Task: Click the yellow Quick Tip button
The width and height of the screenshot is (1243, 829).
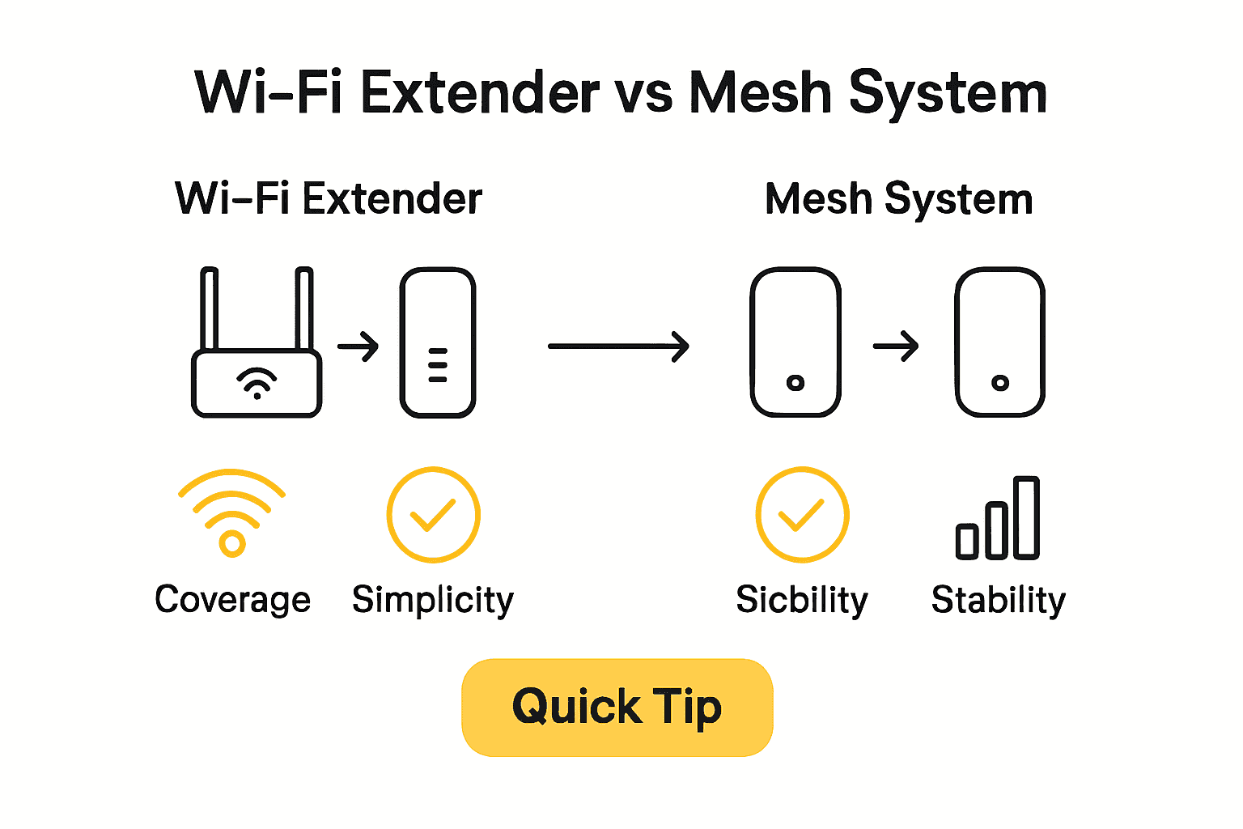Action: coord(617,708)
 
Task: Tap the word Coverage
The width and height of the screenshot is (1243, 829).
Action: coord(232,600)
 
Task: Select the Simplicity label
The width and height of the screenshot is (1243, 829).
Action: coord(433,600)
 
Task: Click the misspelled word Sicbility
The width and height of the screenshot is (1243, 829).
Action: coord(801,600)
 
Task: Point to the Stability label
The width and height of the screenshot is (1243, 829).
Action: coord(998,600)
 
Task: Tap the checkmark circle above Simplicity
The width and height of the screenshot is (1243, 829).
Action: coord(433,515)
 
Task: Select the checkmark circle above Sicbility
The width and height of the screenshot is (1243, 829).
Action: coord(801,515)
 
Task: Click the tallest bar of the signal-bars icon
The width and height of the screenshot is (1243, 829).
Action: coord(1026,517)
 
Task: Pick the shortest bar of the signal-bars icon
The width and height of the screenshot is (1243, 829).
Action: coord(967,541)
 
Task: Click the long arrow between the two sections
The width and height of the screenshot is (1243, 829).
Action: coord(618,346)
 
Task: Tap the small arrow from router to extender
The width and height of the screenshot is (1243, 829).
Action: coord(358,346)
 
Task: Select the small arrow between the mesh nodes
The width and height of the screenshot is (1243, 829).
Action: coord(896,346)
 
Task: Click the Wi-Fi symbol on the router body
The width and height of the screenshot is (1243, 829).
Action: coord(257,382)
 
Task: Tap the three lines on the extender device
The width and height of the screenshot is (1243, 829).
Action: coord(438,365)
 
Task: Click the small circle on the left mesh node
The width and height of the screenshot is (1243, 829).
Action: coord(795,383)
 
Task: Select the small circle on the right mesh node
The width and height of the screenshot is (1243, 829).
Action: coord(1000,383)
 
